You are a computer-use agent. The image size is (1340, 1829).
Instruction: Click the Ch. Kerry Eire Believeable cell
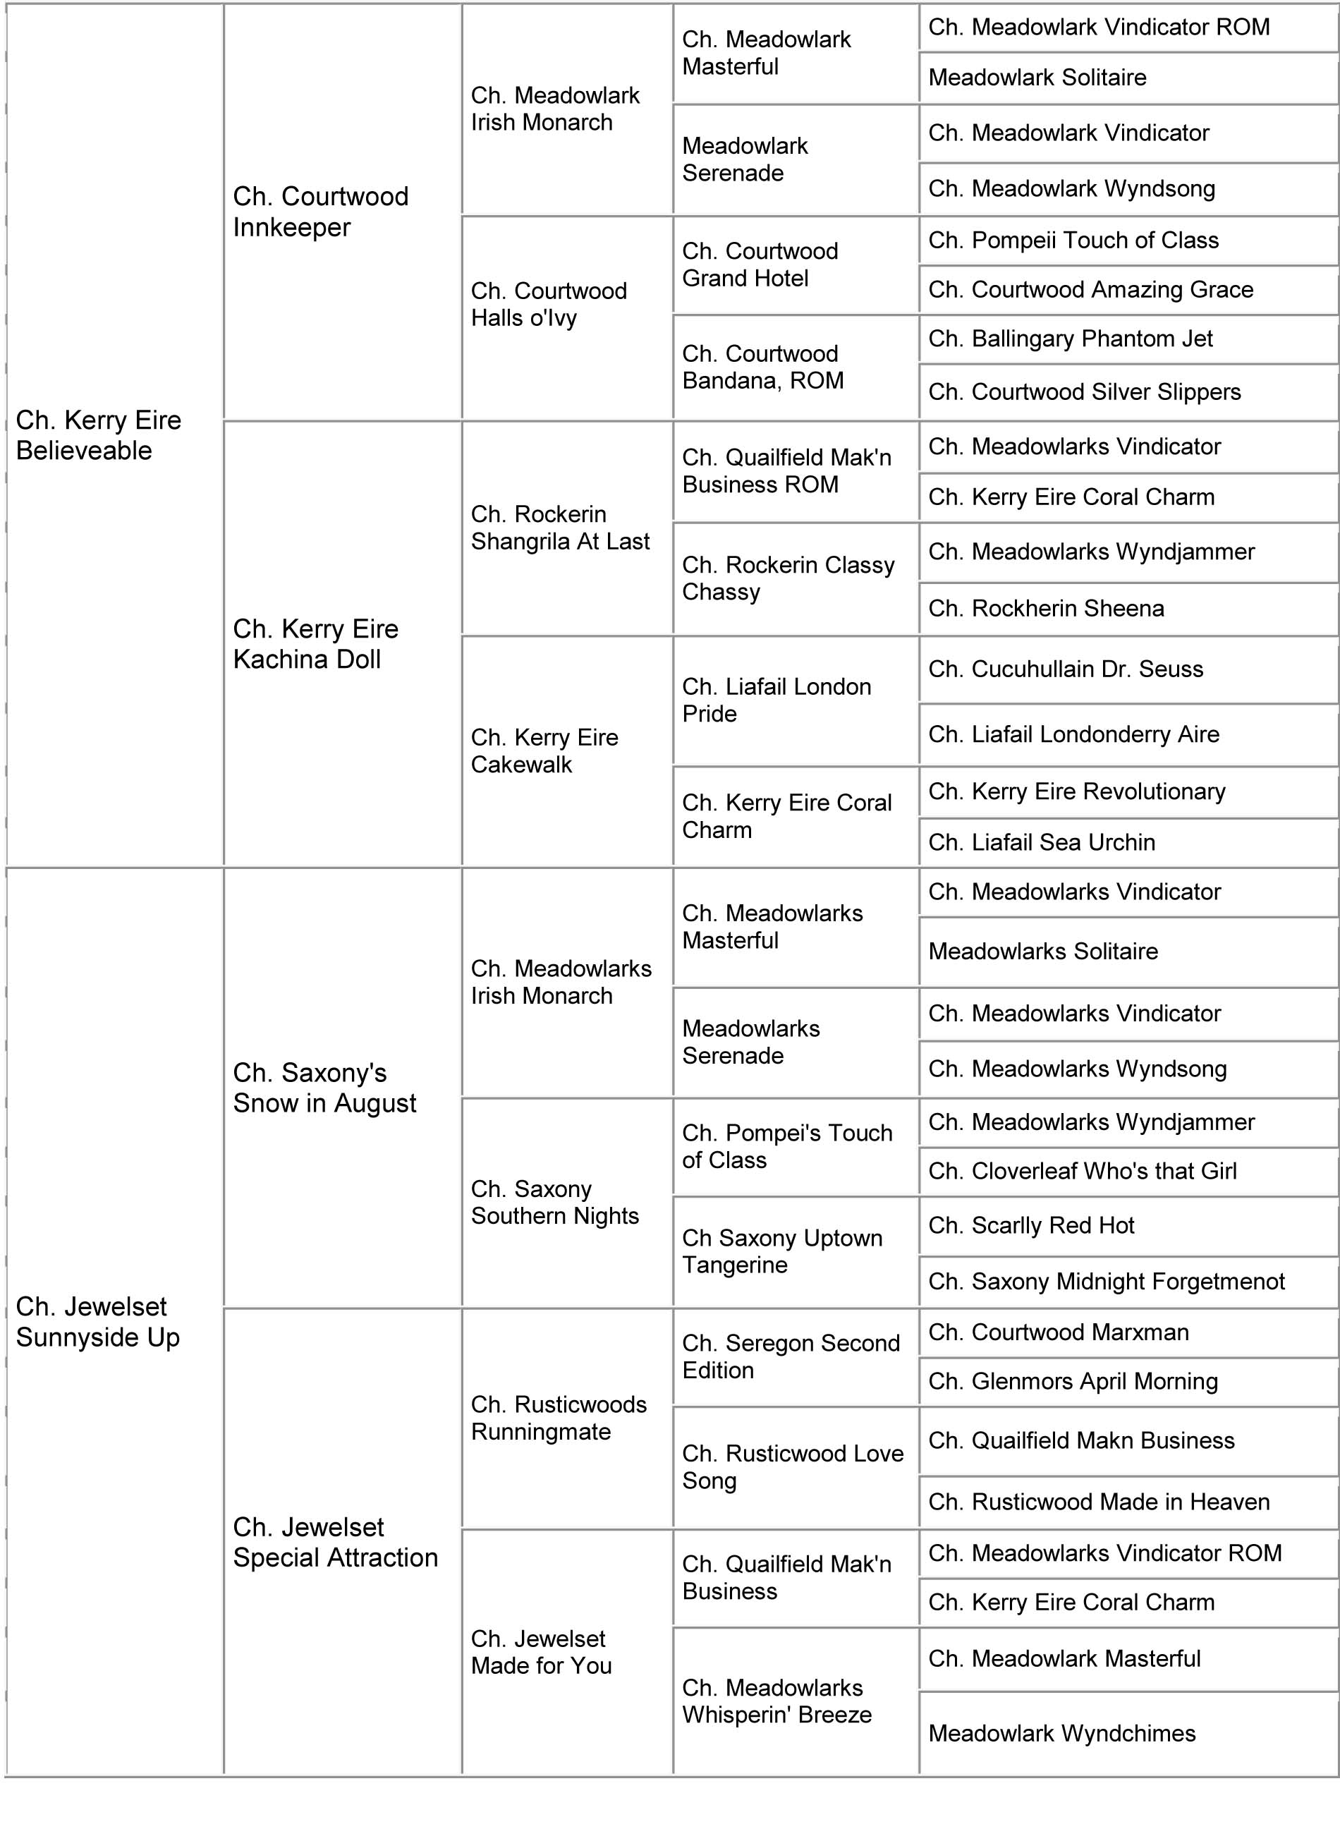point(99,435)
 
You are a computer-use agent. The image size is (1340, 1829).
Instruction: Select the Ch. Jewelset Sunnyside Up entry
point(98,1321)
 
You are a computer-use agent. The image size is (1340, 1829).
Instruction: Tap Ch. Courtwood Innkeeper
point(321,212)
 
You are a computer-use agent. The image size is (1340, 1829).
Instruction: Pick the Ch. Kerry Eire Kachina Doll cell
point(315,644)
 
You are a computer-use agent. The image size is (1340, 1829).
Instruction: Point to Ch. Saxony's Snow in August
point(324,1088)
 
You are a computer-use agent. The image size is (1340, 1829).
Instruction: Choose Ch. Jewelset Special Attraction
point(335,1542)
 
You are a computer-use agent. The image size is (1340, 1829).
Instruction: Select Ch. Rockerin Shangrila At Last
point(560,527)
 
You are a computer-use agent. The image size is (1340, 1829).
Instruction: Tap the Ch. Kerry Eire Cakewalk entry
point(544,751)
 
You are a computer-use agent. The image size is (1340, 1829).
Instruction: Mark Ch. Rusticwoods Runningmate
point(559,1418)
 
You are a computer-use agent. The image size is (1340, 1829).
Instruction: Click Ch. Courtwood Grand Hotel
point(760,265)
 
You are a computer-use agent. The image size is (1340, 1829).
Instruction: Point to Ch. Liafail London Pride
point(776,700)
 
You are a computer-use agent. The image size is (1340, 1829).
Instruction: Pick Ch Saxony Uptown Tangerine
point(782,1251)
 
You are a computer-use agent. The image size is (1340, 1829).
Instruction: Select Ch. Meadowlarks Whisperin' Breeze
point(776,1701)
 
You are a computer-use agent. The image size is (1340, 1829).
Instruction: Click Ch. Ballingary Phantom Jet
point(1071,339)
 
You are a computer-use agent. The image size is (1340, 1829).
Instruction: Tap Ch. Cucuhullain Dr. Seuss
point(1066,669)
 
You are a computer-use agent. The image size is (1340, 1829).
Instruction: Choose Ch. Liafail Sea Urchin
point(1042,842)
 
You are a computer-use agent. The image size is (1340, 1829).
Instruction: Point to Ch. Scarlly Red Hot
point(1031,1225)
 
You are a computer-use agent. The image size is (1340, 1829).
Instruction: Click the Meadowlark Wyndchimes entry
point(1062,1733)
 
